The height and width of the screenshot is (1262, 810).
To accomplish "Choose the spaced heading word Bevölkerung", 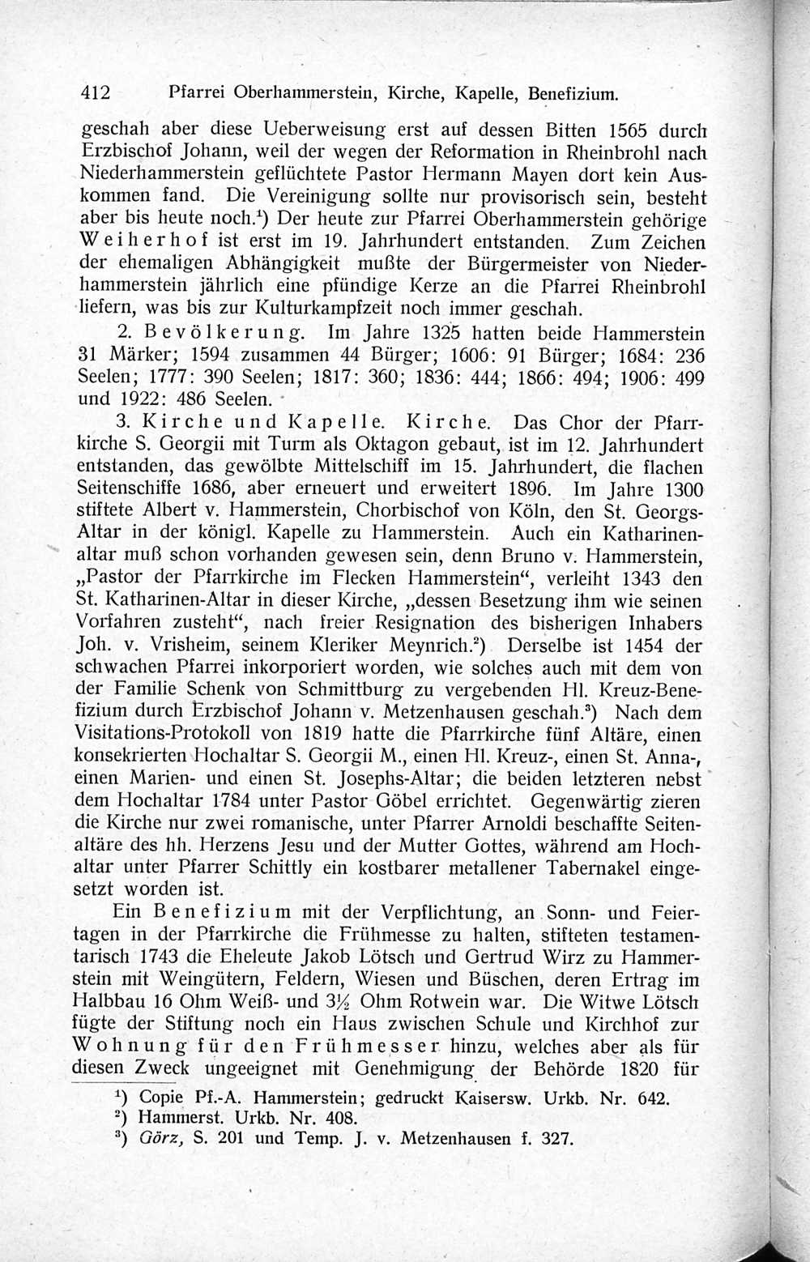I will [x=224, y=333].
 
